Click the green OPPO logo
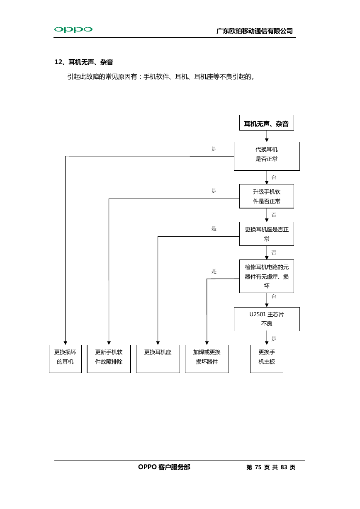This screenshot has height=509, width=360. [x=73, y=29]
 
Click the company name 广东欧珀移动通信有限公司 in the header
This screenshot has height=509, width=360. [x=255, y=31]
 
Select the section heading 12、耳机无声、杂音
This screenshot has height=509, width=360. [x=84, y=62]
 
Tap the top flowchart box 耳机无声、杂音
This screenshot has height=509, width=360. [x=267, y=123]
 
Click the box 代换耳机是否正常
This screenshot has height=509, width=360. [x=267, y=156]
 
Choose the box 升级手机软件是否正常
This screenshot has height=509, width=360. [x=267, y=196]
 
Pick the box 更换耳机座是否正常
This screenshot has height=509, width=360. [x=267, y=234]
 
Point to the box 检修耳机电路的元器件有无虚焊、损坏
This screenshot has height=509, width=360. [x=267, y=276]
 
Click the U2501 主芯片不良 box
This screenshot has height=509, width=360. [x=267, y=319]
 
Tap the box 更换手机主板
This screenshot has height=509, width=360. [x=267, y=359]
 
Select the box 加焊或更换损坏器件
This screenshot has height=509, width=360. [x=207, y=359]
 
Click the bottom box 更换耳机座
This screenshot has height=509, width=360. [x=158, y=359]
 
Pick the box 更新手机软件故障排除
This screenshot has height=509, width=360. [x=109, y=359]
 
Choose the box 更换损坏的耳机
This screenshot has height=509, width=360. [x=65, y=359]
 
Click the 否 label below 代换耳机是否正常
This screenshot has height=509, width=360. [x=274, y=177]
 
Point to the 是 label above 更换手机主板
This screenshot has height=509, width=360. [x=274, y=339]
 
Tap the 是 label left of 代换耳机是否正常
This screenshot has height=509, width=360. [x=214, y=149]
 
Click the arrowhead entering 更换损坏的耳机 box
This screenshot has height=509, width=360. [x=65, y=343]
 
